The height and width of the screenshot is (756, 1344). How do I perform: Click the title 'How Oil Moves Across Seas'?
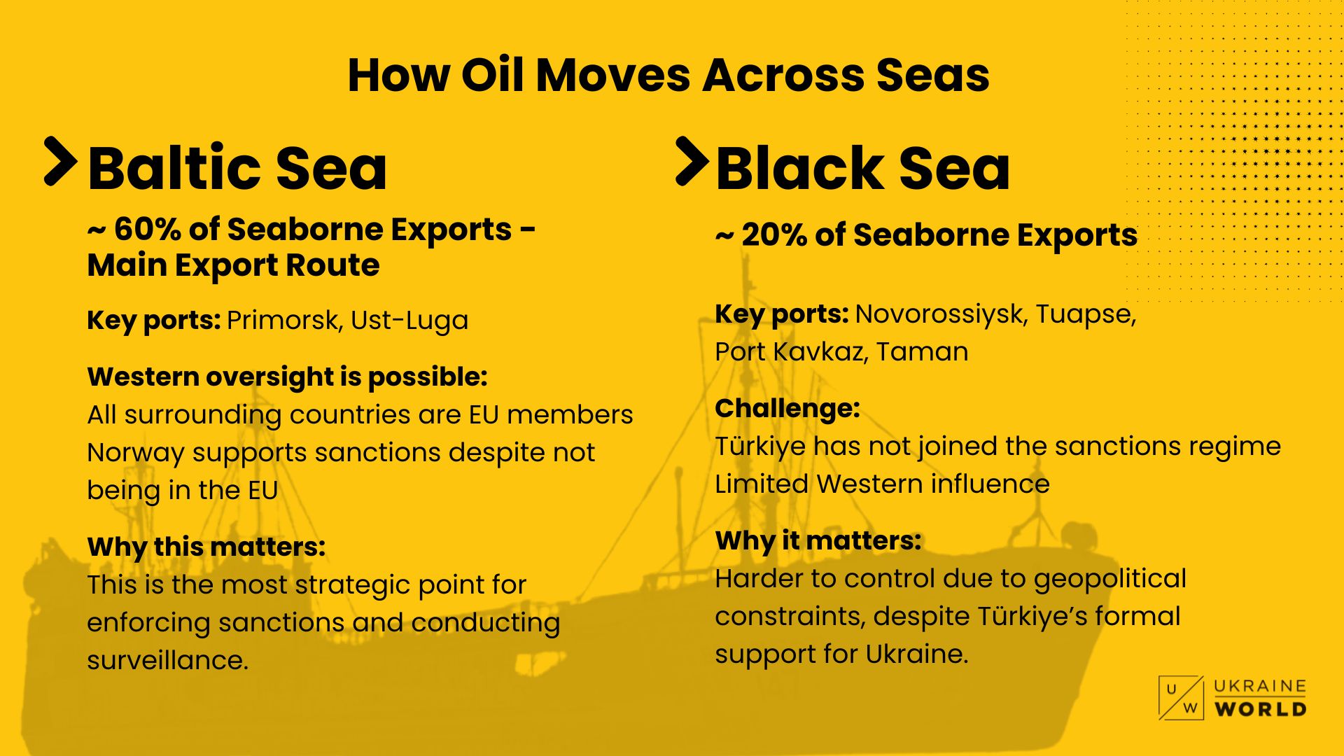point(668,75)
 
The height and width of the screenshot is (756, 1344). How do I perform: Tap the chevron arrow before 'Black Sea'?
point(692,161)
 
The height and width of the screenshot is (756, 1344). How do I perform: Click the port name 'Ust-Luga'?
point(409,321)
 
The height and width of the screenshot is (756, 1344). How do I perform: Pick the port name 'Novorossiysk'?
point(941,314)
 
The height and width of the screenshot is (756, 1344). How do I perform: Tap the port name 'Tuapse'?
point(1086,314)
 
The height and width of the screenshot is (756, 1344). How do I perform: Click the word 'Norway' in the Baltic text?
point(136,453)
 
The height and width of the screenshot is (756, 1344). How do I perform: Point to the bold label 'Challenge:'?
point(787,408)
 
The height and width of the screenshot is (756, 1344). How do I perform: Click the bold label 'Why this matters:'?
point(206,547)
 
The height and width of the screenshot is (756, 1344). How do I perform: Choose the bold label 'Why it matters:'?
point(818,540)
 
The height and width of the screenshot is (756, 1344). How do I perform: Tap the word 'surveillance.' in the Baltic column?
point(168,660)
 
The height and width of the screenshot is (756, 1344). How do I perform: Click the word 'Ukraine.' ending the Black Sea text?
point(917,654)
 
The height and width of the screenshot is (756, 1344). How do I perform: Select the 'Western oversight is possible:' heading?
point(287,377)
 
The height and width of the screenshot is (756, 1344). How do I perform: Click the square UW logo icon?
point(1181,698)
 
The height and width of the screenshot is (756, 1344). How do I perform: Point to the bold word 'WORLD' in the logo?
point(1260,709)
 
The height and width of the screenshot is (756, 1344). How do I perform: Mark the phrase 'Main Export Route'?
point(233,265)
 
